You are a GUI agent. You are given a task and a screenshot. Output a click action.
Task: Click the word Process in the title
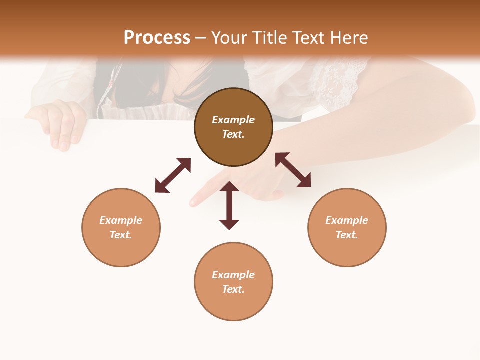157,38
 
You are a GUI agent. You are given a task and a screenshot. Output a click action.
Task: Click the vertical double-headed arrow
229,205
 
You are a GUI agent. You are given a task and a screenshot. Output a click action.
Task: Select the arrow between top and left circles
173,175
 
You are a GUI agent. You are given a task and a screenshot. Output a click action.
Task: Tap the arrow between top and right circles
293,170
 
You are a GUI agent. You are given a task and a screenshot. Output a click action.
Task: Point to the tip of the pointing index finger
193,203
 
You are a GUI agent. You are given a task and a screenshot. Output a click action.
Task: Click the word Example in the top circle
233,120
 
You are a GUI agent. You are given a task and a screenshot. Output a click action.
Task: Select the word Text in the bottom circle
233,289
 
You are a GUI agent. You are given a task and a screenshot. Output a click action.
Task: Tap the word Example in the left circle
121,220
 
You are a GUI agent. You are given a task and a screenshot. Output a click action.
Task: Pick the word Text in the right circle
346,235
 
